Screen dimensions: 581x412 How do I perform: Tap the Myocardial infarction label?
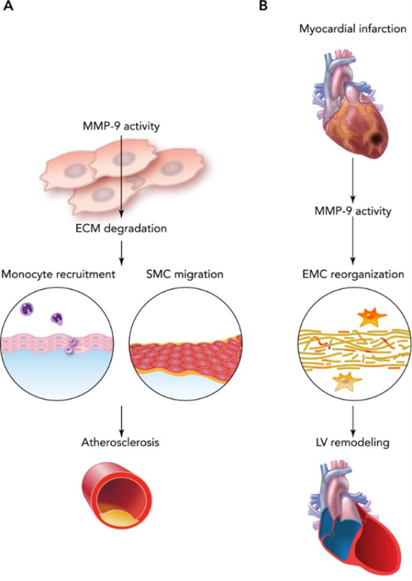(x=352, y=30)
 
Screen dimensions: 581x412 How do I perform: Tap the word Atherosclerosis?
(x=120, y=442)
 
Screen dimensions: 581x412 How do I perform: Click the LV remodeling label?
(x=352, y=442)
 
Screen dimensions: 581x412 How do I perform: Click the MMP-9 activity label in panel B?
(x=352, y=211)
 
